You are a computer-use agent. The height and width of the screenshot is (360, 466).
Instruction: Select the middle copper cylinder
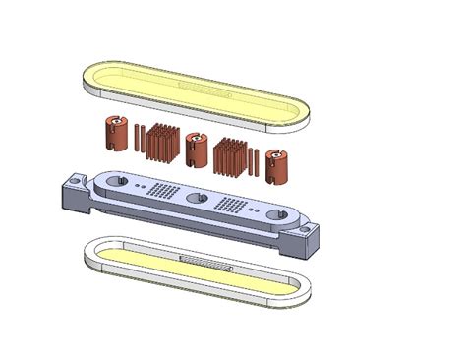click(x=196, y=150)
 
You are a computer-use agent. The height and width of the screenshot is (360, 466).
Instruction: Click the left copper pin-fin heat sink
click(x=159, y=143)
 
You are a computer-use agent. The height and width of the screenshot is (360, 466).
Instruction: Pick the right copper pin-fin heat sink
click(x=231, y=156)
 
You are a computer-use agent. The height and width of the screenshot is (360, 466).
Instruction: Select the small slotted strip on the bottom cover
click(x=206, y=263)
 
